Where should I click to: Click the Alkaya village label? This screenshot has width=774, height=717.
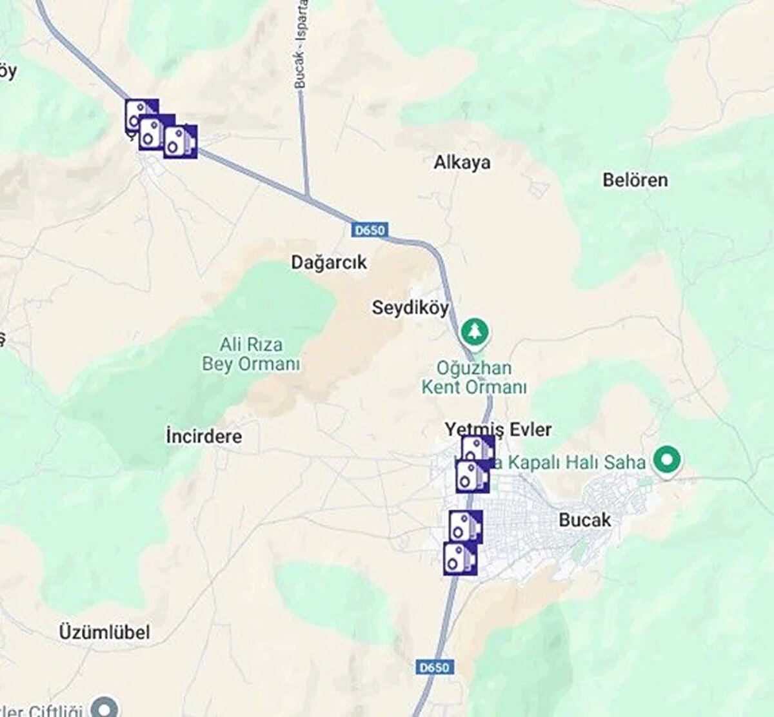[x=462, y=162]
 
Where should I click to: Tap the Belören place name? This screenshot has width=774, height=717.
[x=635, y=180]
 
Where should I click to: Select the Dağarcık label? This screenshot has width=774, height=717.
[x=329, y=262]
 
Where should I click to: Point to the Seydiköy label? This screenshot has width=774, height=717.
[x=410, y=308]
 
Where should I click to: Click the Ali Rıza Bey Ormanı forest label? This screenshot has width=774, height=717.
[x=251, y=354]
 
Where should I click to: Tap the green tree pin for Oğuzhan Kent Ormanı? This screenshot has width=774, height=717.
[x=475, y=331]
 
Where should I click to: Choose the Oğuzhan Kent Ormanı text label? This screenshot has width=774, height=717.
[x=474, y=378]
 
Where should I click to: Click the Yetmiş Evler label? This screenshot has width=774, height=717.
[x=498, y=429]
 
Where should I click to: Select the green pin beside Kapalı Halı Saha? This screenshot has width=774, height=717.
[x=667, y=460]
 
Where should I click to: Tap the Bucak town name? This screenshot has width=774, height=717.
[x=584, y=520]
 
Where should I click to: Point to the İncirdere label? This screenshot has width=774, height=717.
[x=204, y=437]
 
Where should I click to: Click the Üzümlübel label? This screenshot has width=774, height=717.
[x=104, y=632]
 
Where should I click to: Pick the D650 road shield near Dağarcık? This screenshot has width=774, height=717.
[x=369, y=230]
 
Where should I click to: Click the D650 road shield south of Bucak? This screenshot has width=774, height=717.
[x=433, y=667]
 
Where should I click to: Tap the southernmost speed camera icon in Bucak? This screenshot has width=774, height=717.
[x=460, y=558]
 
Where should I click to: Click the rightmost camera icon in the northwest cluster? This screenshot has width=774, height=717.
[x=180, y=142]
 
